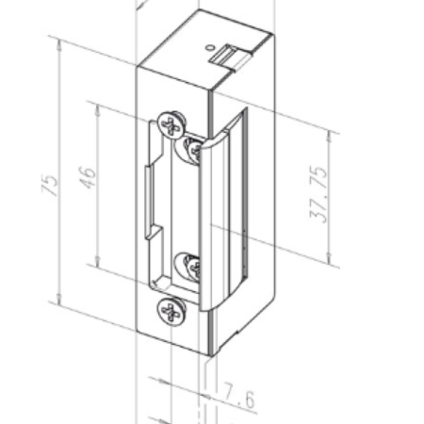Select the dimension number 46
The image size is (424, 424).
point(88,176)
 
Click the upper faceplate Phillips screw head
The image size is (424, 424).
point(171,122)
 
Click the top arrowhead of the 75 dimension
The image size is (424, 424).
point(59,40)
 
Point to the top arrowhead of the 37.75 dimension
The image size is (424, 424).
point(331,134)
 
